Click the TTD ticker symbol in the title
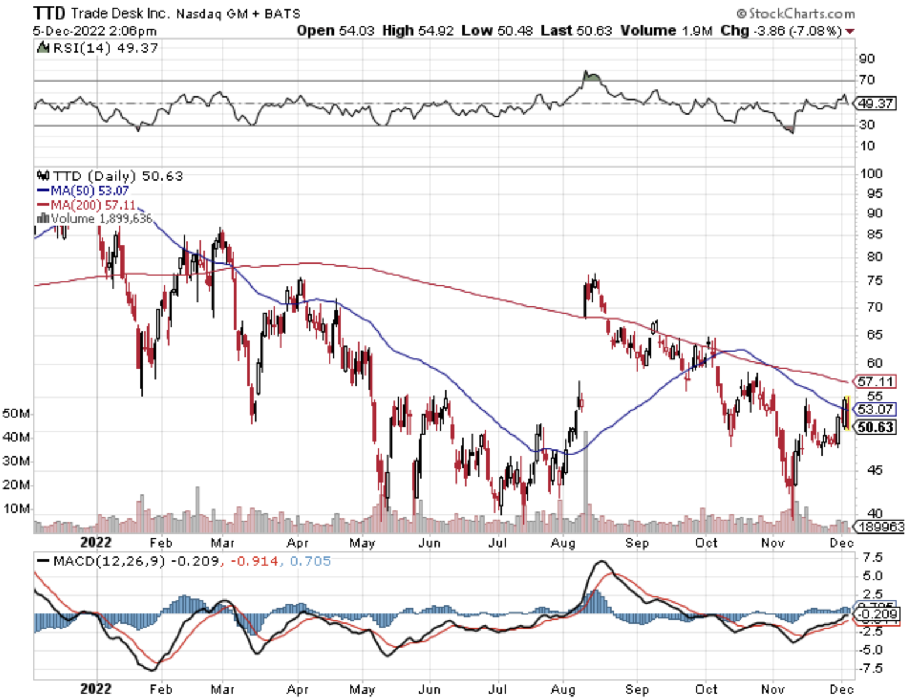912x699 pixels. pos(50,13)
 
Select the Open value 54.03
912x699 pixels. pos(356,30)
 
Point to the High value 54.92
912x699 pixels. pos(436,30)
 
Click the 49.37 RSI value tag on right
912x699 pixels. pos(875,103)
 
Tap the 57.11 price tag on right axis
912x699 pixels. pos(875,382)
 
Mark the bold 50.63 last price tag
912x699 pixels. pos(875,427)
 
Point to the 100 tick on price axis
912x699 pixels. pos(871,174)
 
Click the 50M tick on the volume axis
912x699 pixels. pos(16,413)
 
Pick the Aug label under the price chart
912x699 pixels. pos(563,543)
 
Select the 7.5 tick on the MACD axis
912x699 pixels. pos(872,557)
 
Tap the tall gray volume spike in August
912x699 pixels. pos(586,479)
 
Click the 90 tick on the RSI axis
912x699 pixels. pos(867,58)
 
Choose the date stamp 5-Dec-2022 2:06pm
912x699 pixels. pos(95,30)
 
